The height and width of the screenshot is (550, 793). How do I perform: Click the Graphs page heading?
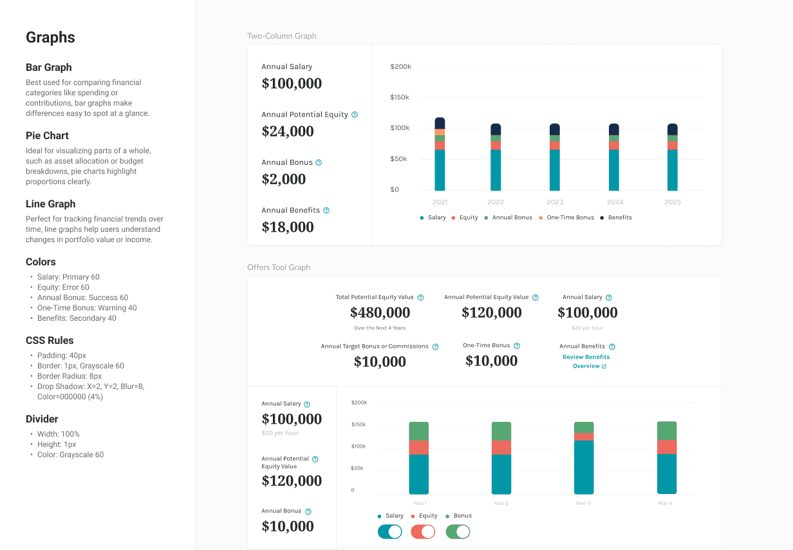tap(50, 37)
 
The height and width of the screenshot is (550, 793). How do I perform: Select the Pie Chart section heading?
tap(47, 135)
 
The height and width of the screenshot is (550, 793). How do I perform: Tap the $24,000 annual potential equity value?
tap(288, 131)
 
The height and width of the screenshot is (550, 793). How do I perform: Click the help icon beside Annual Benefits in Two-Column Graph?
tap(326, 211)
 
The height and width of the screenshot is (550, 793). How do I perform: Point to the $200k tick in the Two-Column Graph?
tap(400, 66)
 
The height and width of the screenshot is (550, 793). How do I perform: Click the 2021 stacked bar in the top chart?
tap(440, 155)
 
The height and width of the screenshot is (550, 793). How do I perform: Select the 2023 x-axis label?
tap(555, 202)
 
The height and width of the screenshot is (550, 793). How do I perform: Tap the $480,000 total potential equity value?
tap(380, 313)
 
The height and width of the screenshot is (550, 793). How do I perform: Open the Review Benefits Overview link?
tap(586, 361)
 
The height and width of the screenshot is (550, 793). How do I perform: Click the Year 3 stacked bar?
tap(584, 458)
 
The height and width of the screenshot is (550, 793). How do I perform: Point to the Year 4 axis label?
tap(665, 503)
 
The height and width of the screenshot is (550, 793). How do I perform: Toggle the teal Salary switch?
tap(390, 531)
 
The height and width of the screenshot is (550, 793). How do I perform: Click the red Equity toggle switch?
tap(423, 531)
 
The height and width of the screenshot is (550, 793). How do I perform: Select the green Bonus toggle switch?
tap(458, 531)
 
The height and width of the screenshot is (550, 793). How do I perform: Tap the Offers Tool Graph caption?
tap(279, 267)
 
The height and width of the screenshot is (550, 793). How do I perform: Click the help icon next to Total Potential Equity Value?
tap(421, 298)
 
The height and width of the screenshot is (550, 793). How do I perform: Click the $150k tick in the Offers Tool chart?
tap(359, 424)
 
